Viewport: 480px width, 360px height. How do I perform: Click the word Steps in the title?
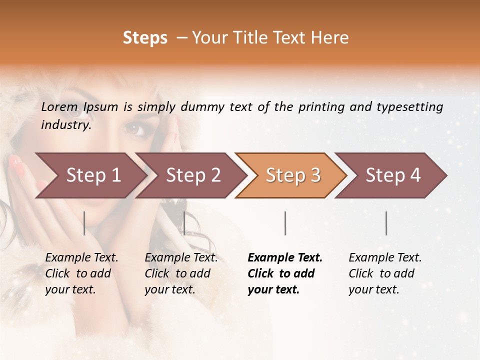click(x=145, y=38)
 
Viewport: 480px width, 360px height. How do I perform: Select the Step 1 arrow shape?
click(x=90, y=175)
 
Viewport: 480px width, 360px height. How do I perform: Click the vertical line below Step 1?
click(x=84, y=223)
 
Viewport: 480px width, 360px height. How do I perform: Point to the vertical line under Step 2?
click(x=184, y=223)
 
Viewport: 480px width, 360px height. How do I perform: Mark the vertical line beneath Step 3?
click(x=285, y=223)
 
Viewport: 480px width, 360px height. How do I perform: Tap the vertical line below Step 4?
click(x=386, y=223)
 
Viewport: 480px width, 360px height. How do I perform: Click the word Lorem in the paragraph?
click(x=59, y=107)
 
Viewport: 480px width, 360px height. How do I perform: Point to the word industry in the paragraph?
click(x=65, y=125)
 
